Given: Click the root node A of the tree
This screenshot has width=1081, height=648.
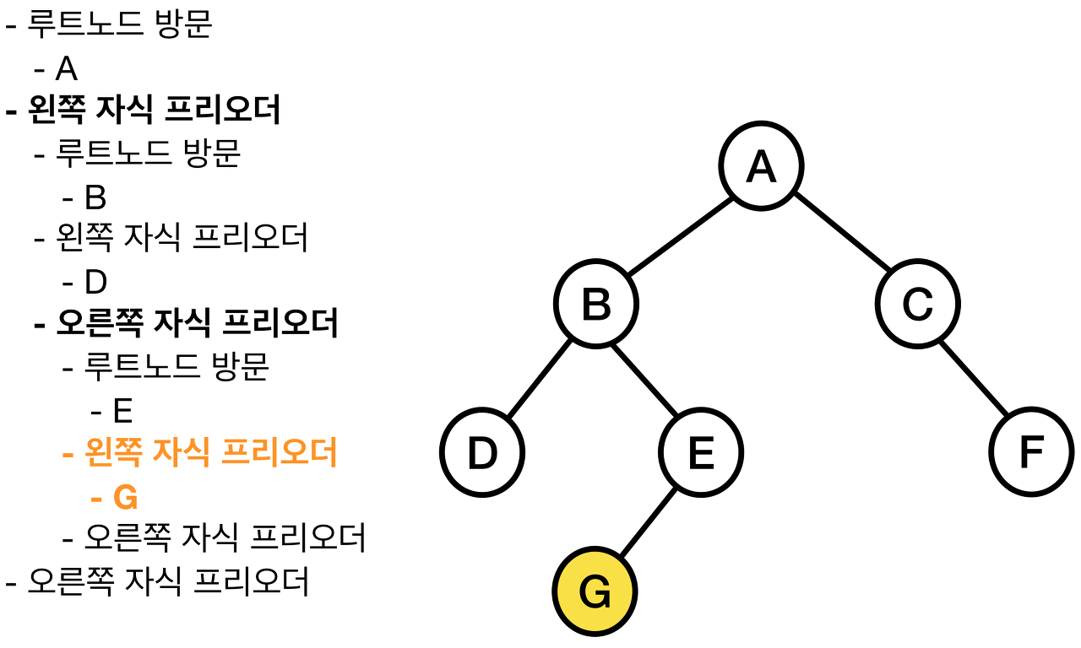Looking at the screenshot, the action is (761, 166).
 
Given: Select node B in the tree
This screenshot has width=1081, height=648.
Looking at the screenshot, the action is (596, 305).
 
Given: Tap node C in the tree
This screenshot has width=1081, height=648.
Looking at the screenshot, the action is (917, 305).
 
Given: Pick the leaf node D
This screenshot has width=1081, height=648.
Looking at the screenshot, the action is (482, 453).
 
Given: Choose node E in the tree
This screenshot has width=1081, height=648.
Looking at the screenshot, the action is (701, 453).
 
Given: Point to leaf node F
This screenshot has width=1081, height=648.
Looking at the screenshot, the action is (1032, 453).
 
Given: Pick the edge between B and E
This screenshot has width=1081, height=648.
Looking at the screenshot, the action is (649, 379).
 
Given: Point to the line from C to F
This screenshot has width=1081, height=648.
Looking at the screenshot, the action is (975, 379).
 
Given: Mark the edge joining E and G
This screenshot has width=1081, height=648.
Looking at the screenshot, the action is (648, 522).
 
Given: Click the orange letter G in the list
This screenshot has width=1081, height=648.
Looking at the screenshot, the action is (125, 498).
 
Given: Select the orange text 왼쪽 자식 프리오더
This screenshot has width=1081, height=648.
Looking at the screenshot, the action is (211, 454).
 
